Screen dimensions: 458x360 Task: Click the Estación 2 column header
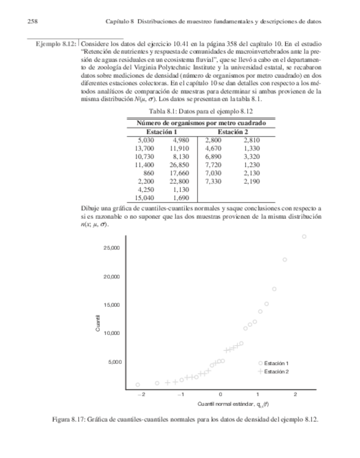pos(233,132)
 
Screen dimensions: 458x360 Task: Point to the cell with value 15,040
pos(144,198)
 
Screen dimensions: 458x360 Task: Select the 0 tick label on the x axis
pos(220,395)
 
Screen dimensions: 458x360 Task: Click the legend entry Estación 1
pos(276,363)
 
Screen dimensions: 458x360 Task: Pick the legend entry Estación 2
pos(276,372)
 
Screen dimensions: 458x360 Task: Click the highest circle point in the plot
pos(304,237)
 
